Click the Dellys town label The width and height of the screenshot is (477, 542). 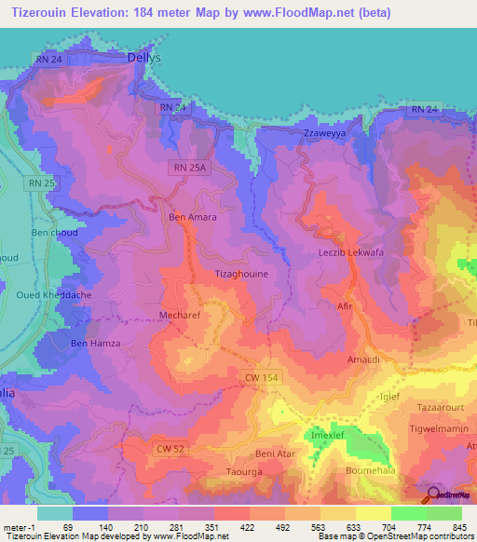point(144,57)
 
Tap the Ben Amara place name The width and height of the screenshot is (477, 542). point(192,217)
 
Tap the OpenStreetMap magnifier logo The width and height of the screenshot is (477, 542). point(433,495)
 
